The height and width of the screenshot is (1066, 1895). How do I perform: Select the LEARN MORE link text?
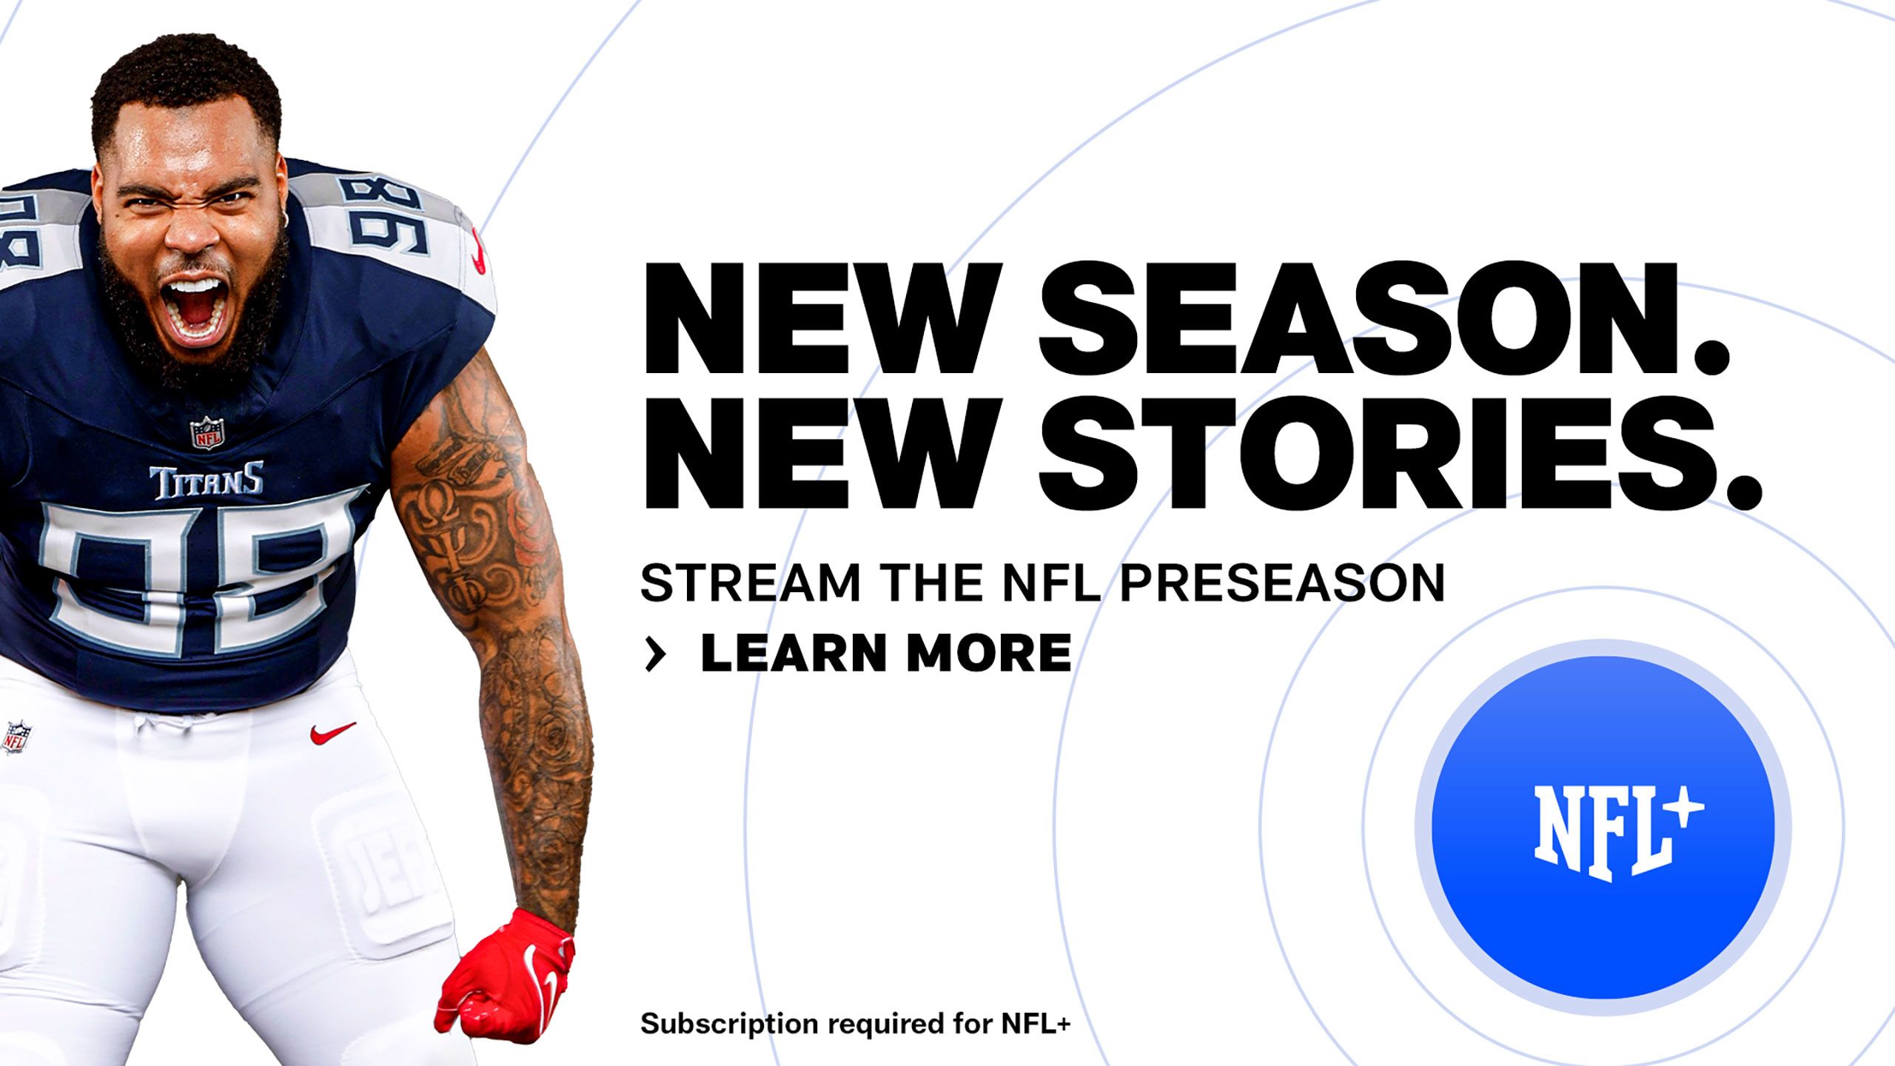coord(885,653)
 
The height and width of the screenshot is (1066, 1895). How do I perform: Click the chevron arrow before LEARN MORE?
coord(655,654)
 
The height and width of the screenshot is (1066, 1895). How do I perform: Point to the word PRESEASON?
coord(1281,583)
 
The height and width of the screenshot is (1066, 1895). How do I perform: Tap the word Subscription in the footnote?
coord(729,1024)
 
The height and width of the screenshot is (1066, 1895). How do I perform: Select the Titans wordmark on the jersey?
coord(207,481)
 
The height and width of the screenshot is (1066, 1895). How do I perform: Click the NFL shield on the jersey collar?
coord(207,432)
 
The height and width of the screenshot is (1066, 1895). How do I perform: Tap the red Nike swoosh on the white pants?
coord(332,733)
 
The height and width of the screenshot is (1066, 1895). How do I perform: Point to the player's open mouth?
coord(195,308)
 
